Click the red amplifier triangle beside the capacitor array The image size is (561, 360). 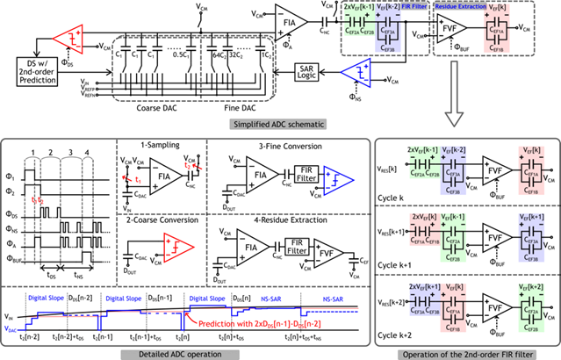point(68,39)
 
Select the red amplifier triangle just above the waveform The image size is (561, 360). point(178,247)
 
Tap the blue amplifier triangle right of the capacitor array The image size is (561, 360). point(357,73)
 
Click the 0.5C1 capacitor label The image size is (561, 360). point(180,54)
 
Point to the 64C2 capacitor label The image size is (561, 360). point(218,54)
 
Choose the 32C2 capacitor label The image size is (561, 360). point(235,54)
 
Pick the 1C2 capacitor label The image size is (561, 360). point(260,54)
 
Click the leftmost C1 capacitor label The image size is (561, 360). point(119,54)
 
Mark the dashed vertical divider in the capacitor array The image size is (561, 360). point(202,68)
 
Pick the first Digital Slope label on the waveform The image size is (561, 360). point(45,298)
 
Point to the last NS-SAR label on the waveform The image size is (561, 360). point(333,299)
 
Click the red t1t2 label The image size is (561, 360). point(38,201)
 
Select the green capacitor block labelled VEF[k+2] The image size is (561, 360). point(531,306)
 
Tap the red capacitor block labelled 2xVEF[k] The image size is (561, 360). point(424,230)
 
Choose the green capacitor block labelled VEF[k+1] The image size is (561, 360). point(453,236)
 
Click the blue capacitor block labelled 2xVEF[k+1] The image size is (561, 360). point(424,299)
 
